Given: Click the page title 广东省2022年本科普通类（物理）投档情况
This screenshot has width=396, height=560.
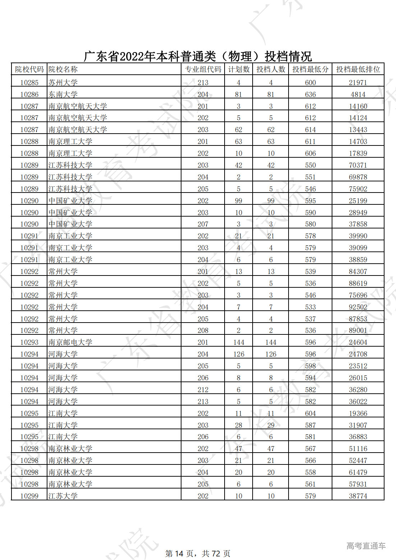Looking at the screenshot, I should (x=198, y=56).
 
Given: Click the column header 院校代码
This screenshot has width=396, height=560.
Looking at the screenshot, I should (x=29, y=69).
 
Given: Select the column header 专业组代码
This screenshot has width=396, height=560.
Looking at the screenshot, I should (x=203, y=69).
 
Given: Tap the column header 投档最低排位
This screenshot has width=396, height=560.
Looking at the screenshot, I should (x=358, y=69).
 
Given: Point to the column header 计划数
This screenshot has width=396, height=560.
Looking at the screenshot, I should (x=239, y=69).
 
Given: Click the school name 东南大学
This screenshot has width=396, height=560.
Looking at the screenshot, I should (x=63, y=94).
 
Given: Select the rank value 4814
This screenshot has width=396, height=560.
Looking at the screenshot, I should (x=358, y=94).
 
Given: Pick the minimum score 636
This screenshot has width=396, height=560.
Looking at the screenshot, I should (x=310, y=94).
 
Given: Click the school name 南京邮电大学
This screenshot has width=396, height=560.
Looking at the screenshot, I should (x=70, y=342).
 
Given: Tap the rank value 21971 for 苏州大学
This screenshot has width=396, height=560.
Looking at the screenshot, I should (x=358, y=83).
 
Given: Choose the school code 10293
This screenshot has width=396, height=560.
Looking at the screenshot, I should (x=29, y=342).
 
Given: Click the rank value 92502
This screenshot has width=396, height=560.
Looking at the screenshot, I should (x=358, y=307).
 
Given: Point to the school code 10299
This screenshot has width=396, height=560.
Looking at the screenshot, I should (x=29, y=496).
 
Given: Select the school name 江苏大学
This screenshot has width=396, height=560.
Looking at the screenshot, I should (x=63, y=496).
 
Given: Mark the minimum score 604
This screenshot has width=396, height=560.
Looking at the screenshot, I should (x=310, y=413).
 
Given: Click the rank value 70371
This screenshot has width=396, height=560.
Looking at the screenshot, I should (x=358, y=165).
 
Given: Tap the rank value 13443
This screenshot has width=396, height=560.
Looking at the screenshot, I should (x=358, y=130).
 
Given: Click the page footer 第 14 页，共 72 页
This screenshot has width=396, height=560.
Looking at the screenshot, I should (x=198, y=554).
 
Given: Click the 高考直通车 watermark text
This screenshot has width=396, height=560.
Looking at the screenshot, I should (x=366, y=546).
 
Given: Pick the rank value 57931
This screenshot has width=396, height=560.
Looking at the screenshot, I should (x=358, y=484).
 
